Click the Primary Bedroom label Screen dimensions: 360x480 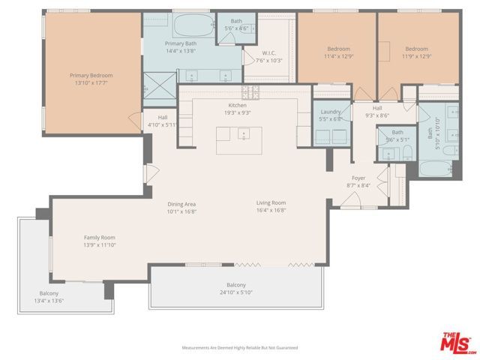(91, 75)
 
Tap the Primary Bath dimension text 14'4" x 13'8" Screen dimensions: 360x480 (181, 51)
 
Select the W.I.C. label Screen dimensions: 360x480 (268, 52)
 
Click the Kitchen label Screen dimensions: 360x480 (237, 106)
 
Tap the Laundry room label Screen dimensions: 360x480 (330, 111)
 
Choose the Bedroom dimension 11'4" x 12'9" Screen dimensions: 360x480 (337, 55)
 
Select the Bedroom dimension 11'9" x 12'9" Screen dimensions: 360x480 (415, 55)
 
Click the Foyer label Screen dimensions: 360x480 (358, 178)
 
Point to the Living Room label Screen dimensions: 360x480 (271, 203)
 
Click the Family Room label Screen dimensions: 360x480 (99, 237)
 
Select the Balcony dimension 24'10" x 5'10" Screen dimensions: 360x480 (236, 292)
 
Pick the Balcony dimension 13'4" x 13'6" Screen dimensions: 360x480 (49, 301)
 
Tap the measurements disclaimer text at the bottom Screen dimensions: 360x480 (240, 348)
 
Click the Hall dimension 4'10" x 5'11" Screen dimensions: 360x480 (162, 124)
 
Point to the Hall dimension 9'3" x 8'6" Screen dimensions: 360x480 (377, 115)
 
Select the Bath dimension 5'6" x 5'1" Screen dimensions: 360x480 (396, 139)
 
